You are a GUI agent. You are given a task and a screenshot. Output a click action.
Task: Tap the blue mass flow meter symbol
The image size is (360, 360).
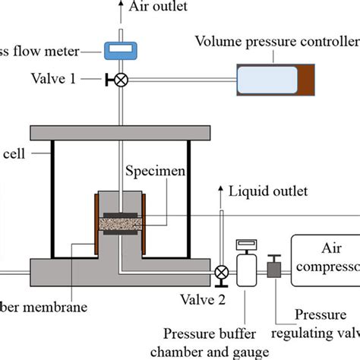(x=119, y=51)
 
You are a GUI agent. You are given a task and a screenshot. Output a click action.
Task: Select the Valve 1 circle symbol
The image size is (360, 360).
(x=119, y=78)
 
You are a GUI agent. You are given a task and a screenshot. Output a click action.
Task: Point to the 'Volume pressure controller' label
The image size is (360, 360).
(x=276, y=40)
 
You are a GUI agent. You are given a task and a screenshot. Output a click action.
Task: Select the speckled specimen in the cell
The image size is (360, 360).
(x=120, y=224)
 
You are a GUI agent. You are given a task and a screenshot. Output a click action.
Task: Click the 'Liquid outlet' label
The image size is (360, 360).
(x=270, y=191)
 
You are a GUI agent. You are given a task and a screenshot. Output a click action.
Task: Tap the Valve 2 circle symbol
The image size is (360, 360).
(x=221, y=272)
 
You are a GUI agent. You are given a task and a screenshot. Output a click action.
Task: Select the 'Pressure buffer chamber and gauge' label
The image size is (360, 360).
(x=221, y=343)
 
